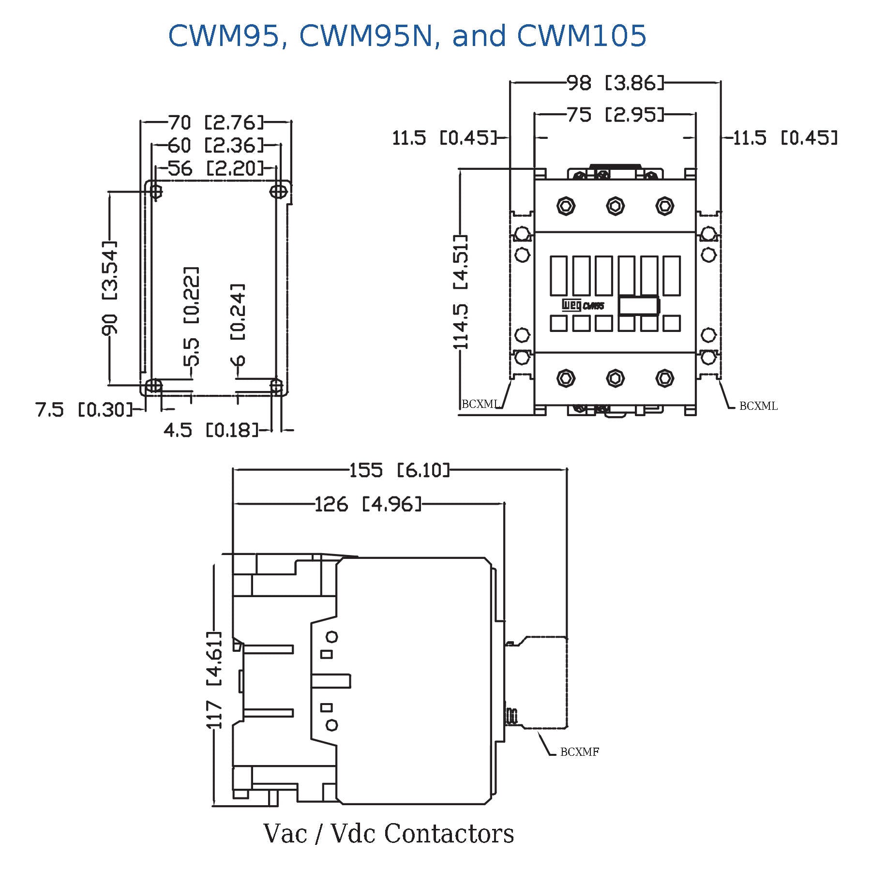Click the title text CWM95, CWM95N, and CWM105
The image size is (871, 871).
click(x=407, y=36)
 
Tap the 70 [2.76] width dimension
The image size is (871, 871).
click(x=216, y=122)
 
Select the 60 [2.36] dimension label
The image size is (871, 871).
click(x=216, y=145)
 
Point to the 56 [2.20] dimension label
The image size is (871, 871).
click(x=216, y=168)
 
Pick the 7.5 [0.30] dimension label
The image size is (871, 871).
click(x=84, y=409)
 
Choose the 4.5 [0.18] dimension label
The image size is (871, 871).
click(x=211, y=429)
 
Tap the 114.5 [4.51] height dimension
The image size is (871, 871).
click(x=460, y=292)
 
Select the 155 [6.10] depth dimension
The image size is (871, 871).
click(x=400, y=469)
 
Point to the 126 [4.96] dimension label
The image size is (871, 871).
click(x=368, y=504)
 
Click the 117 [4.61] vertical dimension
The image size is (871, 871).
click(x=214, y=679)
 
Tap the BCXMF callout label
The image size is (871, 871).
click(x=579, y=751)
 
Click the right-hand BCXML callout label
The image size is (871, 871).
click(x=758, y=406)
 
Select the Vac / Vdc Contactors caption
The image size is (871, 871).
click(x=389, y=833)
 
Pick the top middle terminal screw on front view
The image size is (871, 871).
click(x=615, y=206)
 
